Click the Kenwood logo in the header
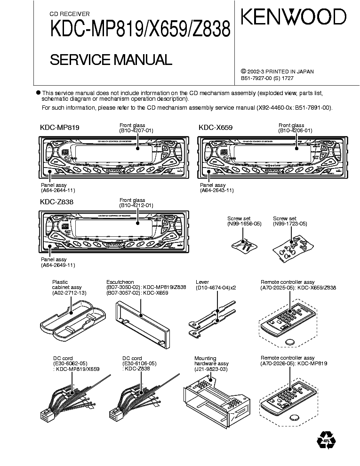coord(294,18)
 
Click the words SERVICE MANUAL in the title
coord(111,60)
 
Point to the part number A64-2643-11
coord(217,191)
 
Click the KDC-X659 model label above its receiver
coord(216,128)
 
